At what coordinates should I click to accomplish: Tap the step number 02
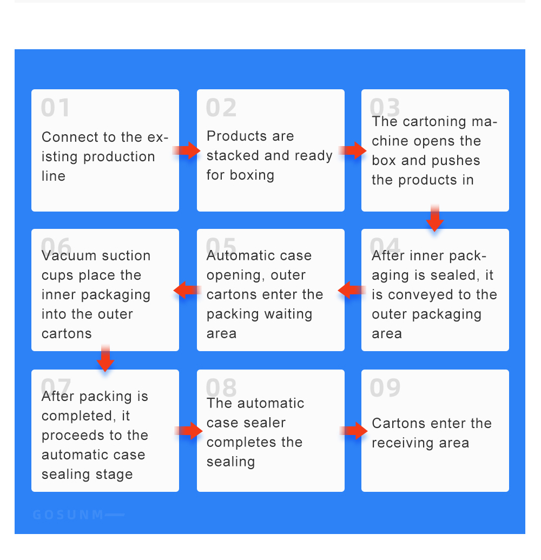221,108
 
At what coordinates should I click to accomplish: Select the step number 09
385,387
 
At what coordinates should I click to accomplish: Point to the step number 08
221,387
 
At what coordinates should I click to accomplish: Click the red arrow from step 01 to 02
187,150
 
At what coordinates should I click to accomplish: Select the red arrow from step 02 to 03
352,150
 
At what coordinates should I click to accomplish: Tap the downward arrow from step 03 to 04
434,218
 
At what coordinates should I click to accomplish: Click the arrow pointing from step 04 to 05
352,290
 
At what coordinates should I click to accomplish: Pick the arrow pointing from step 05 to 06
188,290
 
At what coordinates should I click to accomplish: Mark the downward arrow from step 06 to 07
105,358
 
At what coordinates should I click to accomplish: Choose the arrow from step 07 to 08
189,431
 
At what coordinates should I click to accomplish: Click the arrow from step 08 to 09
353,431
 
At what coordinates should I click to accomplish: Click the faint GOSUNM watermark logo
78,515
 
